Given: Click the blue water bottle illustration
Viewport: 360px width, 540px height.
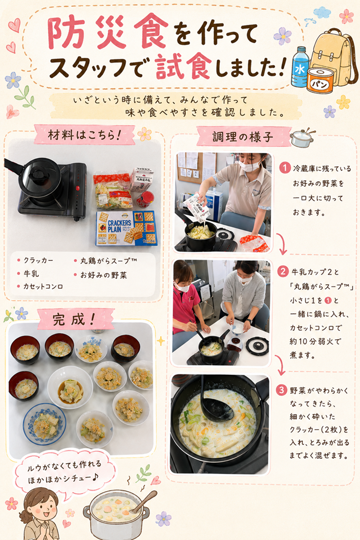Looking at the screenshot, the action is click(x=300, y=67).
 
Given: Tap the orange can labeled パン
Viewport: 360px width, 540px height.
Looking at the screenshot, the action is click(x=320, y=81).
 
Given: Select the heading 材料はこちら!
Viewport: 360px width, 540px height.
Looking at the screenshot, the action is click(x=85, y=135).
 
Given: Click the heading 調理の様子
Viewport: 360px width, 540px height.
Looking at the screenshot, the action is click(x=243, y=137).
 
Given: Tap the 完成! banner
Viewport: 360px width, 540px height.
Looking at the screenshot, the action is click(x=73, y=319).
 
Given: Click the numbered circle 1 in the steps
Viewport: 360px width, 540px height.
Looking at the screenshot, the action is click(x=285, y=168).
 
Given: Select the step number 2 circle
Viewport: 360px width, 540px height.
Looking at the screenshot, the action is click(x=282, y=271).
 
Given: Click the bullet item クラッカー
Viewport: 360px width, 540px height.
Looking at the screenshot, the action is click(x=36, y=260).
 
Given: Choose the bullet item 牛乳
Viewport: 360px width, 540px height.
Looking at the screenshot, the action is click(x=28, y=274).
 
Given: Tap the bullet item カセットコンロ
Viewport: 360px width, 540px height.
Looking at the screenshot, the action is click(x=40, y=286).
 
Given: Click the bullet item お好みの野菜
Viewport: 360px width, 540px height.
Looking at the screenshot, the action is click(x=101, y=275).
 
